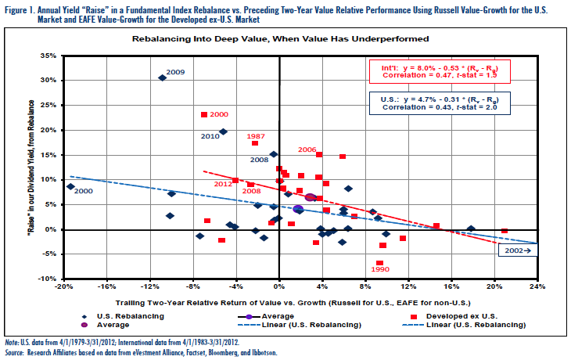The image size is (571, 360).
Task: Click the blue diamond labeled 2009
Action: pos(162,77)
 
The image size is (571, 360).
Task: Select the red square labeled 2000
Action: pos(204,114)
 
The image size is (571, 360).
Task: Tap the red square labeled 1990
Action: pos(379,263)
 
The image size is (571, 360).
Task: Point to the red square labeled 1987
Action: pos(255,143)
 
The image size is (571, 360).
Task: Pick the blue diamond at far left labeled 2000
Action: pos(70,186)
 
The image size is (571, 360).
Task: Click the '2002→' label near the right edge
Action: pos(514,251)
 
